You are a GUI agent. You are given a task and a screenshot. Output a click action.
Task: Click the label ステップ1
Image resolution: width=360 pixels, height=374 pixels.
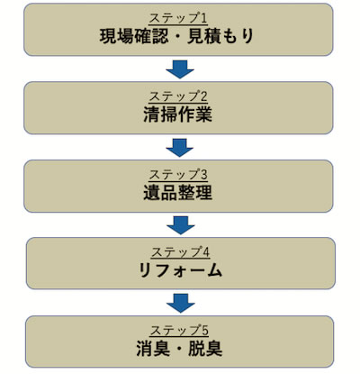(178, 18)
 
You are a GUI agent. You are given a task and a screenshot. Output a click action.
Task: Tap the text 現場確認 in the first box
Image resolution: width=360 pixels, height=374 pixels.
(134, 37)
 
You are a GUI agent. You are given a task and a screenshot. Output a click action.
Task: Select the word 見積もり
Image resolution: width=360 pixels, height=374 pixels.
(220, 37)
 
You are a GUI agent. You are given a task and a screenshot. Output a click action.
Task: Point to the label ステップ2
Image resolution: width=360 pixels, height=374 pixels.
(178, 96)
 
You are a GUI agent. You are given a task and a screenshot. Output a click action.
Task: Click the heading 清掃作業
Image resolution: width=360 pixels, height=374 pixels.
(178, 114)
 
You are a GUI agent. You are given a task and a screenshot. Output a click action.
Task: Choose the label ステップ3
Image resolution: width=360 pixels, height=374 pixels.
(178, 175)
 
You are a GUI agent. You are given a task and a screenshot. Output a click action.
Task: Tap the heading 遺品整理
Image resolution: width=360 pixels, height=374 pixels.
(178, 193)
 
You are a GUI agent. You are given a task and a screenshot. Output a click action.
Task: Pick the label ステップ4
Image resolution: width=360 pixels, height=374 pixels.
(180, 252)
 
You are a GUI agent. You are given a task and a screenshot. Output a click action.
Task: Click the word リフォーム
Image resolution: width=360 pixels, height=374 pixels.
(180, 270)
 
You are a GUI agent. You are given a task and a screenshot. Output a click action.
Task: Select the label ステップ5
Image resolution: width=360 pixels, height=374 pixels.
(179, 331)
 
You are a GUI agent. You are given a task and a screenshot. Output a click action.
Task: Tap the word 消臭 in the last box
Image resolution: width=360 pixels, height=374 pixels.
(153, 349)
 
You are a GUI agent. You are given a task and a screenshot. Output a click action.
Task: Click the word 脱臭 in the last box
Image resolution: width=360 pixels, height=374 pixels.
(205, 349)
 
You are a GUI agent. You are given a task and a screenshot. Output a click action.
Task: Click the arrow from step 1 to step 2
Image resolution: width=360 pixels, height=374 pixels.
(180, 69)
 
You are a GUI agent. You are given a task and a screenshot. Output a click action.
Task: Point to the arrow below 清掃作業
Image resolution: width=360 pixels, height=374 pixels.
(180, 148)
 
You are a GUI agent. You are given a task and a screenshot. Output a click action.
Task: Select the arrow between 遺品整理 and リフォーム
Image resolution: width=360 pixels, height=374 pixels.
(181, 225)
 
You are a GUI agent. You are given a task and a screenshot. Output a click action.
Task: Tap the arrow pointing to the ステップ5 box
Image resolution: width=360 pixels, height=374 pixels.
(181, 303)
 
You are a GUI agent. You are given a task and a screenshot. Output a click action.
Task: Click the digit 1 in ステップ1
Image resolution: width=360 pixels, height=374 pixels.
(203, 18)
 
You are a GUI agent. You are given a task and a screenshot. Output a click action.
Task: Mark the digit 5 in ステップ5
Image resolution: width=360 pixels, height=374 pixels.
(205, 331)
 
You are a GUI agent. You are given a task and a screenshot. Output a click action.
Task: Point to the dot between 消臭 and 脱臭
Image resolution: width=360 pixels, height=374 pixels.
(179, 349)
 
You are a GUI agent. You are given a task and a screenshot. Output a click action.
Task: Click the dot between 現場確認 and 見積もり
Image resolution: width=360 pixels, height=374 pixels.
(178, 37)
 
